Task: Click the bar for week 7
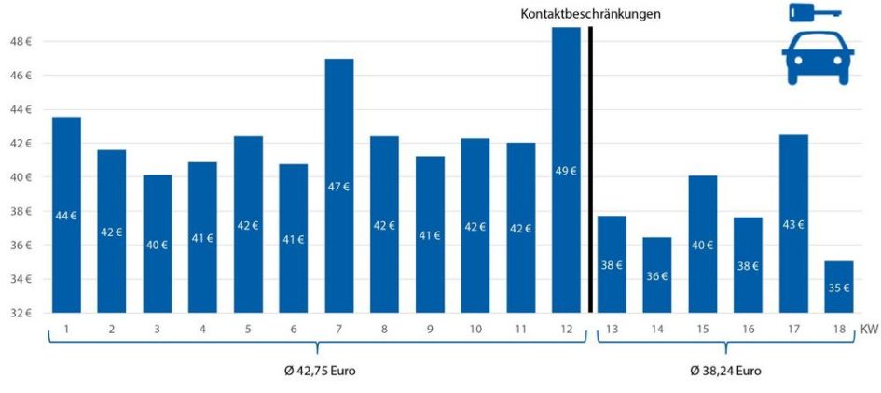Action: (339, 186)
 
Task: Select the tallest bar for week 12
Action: (566, 170)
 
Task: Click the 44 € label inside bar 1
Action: (66, 216)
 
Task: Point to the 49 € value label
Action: (566, 171)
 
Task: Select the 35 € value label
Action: (839, 288)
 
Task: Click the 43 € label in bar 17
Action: (793, 224)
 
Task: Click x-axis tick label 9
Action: (430, 329)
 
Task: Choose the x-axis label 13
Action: (612, 329)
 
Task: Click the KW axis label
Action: (869, 329)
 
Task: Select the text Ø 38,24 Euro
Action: (725, 371)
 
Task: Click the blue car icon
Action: (818, 58)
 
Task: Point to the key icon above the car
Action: (814, 12)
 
